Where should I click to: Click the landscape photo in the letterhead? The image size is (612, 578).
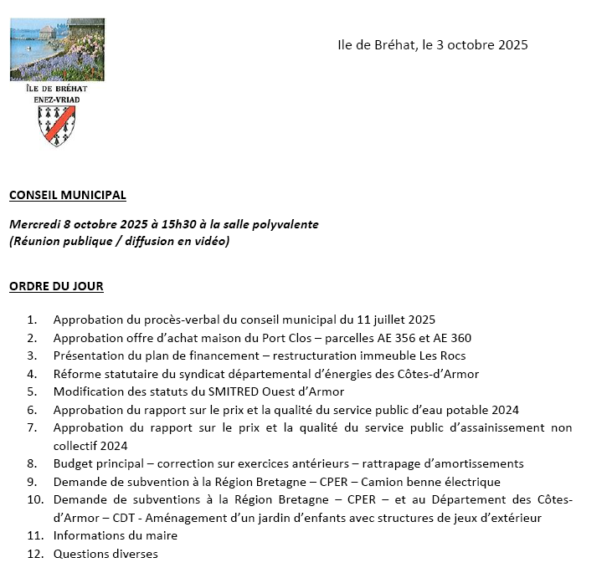[x=57, y=49]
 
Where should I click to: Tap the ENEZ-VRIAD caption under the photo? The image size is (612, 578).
[x=57, y=99]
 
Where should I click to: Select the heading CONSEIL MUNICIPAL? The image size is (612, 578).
[x=67, y=195]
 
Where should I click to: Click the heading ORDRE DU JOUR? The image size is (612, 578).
[x=56, y=286]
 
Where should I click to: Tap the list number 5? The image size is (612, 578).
[x=33, y=391]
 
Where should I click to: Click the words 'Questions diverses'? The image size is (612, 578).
[x=105, y=554]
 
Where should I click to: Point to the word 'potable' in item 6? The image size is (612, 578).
[x=467, y=410]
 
